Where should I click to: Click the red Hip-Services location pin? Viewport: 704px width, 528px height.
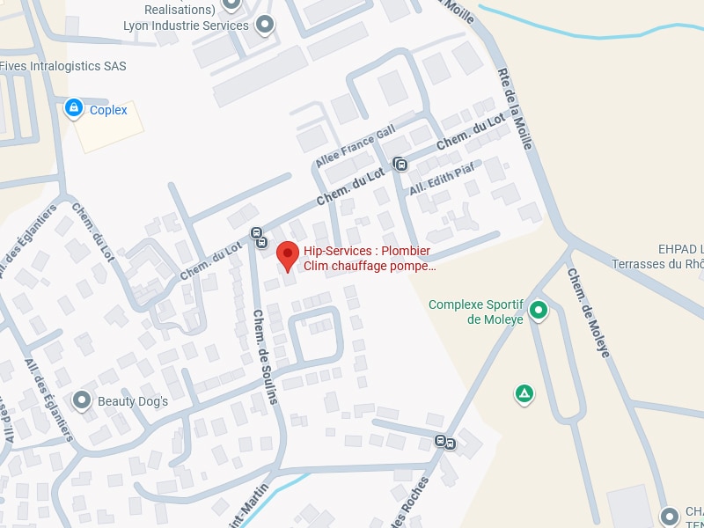point(287,255)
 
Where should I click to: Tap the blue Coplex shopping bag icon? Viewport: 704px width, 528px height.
point(74,108)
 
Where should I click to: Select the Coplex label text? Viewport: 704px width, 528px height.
point(108,110)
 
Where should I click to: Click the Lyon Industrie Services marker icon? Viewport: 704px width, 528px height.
point(264,26)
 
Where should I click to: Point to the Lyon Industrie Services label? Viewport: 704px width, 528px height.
point(186,26)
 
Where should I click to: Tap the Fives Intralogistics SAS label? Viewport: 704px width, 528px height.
point(63,66)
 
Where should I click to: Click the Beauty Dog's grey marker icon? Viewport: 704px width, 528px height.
point(82,400)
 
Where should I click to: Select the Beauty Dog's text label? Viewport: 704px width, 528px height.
point(132,401)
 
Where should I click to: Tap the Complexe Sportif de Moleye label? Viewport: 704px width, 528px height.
point(476,312)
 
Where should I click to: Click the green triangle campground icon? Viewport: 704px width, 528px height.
point(524,393)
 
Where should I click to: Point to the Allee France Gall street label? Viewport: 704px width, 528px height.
point(356,147)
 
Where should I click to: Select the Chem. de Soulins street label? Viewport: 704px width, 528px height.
point(265,356)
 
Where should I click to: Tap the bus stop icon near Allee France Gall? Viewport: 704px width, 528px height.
point(400,164)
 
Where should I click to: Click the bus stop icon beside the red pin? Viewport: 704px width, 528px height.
point(259,236)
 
